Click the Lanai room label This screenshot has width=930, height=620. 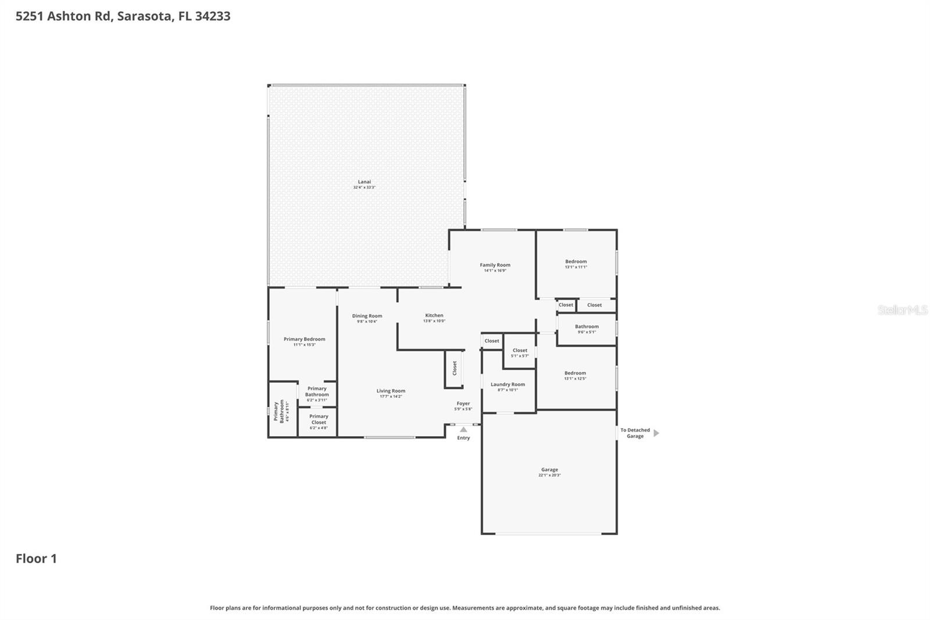[364, 182]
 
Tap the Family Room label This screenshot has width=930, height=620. [495, 265]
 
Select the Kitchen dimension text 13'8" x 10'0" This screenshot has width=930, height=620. [434, 321]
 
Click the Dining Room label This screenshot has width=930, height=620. [367, 316]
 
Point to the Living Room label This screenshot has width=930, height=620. [391, 391]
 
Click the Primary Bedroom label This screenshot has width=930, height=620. [304, 339]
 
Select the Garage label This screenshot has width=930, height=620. [549, 470]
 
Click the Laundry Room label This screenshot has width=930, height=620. [507, 384]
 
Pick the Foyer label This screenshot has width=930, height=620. [463, 404]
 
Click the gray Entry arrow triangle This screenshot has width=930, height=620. [463, 430]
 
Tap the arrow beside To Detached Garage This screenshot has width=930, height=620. [656, 433]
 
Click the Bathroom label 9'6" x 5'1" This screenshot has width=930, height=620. [586, 327]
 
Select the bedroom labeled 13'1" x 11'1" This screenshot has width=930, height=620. [575, 262]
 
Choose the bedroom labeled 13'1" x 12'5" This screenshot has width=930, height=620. [575, 373]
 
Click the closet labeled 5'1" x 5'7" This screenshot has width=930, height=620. [520, 351]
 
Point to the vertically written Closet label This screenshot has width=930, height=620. [455, 368]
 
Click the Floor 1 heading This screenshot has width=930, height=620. [36, 559]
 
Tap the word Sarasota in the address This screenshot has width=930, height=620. [144, 16]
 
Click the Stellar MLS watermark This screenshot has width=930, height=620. [902, 311]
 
